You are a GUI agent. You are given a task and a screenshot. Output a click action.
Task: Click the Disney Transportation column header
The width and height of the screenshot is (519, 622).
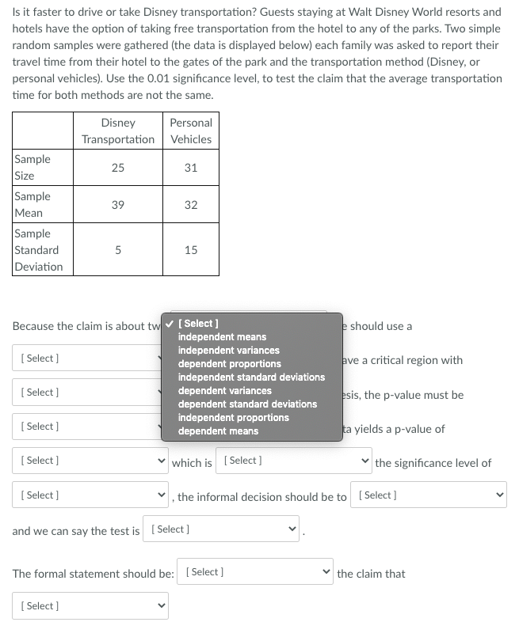point(118,131)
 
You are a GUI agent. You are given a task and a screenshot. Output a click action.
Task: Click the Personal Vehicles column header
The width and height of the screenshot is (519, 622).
point(191,131)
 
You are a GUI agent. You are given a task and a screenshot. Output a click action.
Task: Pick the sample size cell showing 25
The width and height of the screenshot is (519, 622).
point(118,167)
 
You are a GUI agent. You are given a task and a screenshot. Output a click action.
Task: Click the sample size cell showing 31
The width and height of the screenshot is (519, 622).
point(191,167)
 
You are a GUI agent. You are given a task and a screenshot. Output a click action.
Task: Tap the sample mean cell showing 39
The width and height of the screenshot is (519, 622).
point(118,204)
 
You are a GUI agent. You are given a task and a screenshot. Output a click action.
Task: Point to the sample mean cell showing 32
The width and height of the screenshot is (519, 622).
point(191,204)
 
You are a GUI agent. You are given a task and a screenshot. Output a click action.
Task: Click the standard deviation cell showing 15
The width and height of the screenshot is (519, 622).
point(191,250)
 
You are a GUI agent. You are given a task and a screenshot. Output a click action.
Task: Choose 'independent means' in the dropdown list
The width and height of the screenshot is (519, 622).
point(222,337)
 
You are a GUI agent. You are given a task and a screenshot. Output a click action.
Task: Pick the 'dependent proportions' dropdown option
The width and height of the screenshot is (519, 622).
point(229,364)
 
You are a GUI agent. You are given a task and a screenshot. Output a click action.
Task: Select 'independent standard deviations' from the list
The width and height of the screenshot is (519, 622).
point(251,377)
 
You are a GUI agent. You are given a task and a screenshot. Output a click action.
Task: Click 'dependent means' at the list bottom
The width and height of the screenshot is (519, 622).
point(218,431)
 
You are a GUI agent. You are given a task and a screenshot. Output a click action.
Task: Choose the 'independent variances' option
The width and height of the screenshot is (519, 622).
point(228,351)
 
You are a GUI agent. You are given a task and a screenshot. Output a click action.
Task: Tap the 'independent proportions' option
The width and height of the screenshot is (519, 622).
point(233,418)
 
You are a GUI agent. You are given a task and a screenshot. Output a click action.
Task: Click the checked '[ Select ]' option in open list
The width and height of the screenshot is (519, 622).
point(200,324)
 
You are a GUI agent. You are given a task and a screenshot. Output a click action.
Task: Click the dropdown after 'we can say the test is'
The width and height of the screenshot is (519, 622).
point(224,529)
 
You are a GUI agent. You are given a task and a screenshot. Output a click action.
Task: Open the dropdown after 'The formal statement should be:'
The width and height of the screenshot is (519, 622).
point(258,572)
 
